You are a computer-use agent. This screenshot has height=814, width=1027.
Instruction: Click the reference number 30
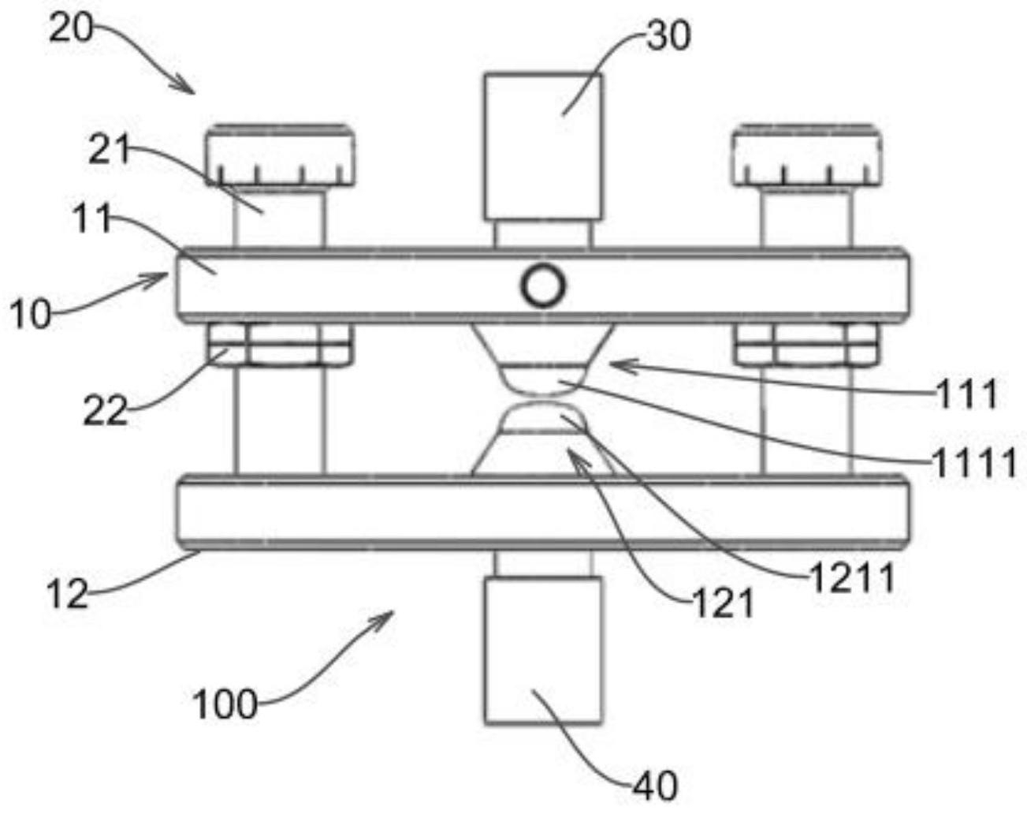click(x=668, y=35)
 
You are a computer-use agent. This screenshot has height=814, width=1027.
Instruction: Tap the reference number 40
click(x=655, y=786)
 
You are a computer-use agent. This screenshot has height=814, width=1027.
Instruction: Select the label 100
click(x=225, y=704)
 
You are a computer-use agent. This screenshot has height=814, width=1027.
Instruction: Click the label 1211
click(x=853, y=578)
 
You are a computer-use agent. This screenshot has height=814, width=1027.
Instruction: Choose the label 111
click(x=967, y=394)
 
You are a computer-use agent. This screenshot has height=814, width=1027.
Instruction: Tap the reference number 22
click(x=106, y=410)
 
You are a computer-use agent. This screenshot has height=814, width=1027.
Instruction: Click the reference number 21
click(x=110, y=149)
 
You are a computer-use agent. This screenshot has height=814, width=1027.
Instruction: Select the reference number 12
click(x=67, y=593)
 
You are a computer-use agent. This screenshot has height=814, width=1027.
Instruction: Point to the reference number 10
click(x=30, y=314)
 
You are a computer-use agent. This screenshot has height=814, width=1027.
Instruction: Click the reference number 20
click(x=70, y=28)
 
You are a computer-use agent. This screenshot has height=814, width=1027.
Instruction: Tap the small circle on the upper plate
click(x=543, y=287)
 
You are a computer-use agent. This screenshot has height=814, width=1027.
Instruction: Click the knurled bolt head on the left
click(x=280, y=155)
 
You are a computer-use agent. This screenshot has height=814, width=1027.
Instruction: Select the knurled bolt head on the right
click(x=807, y=155)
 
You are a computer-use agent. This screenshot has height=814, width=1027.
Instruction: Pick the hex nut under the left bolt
click(x=281, y=345)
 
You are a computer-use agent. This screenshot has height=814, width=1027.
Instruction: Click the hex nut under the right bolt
click(x=807, y=345)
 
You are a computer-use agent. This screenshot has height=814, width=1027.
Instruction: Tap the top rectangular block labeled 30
click(x=542, y=147)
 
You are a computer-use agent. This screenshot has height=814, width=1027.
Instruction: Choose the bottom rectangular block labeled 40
click(x=542, y=652)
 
